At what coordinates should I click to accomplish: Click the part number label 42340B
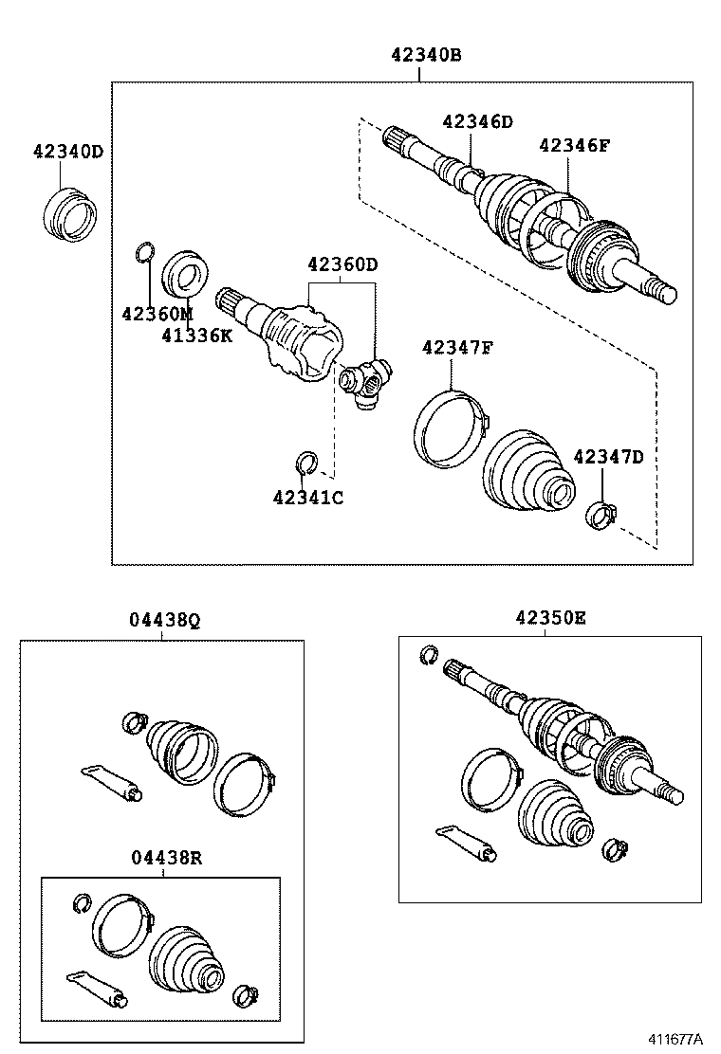426,55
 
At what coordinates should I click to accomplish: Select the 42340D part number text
68,152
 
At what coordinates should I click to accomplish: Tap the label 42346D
477,121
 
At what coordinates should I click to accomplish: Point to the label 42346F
575,145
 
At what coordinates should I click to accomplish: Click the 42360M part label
157,313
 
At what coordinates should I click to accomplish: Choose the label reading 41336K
196,335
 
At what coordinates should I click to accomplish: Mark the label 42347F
457,348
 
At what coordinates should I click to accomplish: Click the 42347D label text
608,458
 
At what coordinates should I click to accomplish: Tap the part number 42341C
307,497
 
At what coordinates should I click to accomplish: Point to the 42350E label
550,618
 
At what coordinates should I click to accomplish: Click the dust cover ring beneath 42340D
70,215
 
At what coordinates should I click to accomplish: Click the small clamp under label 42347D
600,515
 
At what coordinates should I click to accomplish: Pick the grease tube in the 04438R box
97,986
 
